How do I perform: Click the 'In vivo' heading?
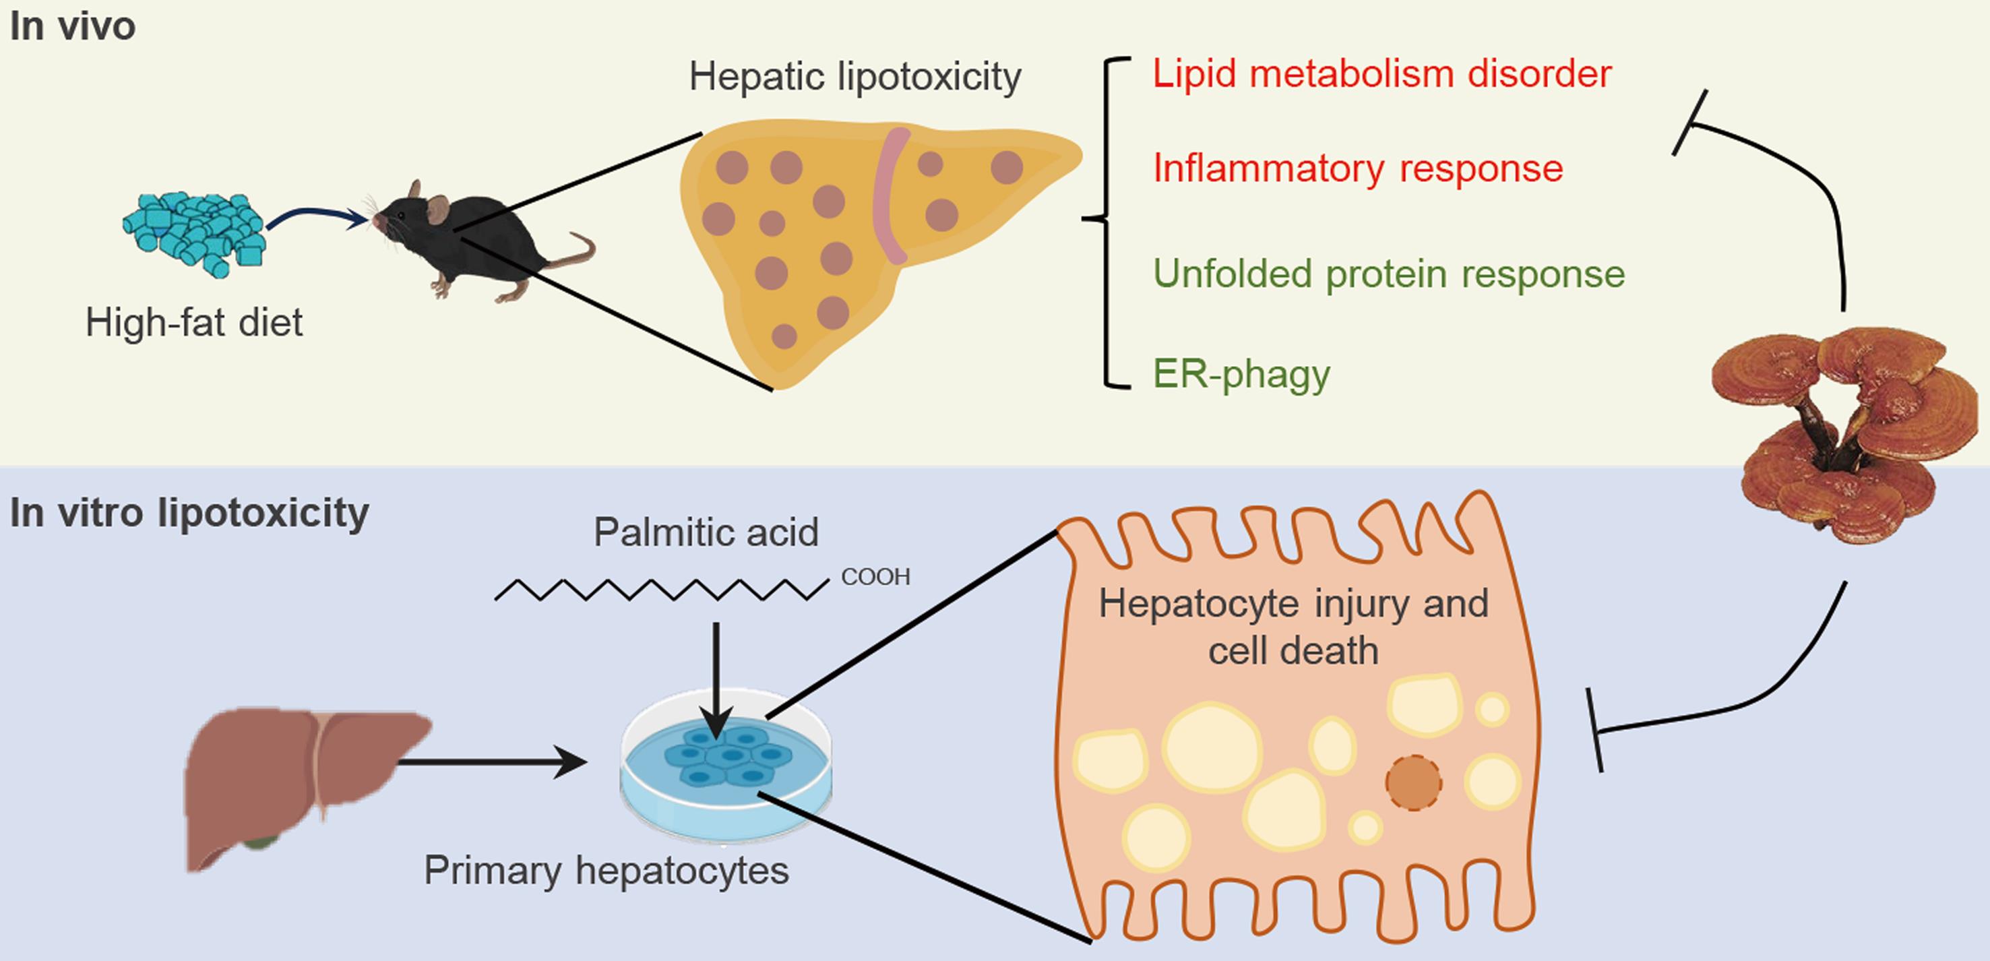[73, 26]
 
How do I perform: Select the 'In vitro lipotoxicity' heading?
[189, 513]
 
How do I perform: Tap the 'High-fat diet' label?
[194, 322]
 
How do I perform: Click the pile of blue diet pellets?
[195, 232]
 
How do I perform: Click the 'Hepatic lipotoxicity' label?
[854, 76]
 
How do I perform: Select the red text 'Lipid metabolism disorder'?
[1381, 74]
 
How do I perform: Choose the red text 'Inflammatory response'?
[1357, 168]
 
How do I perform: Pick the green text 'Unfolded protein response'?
[1388, 274]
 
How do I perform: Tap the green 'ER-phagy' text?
[1241, 375]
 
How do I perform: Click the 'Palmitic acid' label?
[706, 532]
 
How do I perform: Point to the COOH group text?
[875, 577]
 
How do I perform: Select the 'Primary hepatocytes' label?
[607, 871]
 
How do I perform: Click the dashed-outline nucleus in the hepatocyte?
[1413, 782]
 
